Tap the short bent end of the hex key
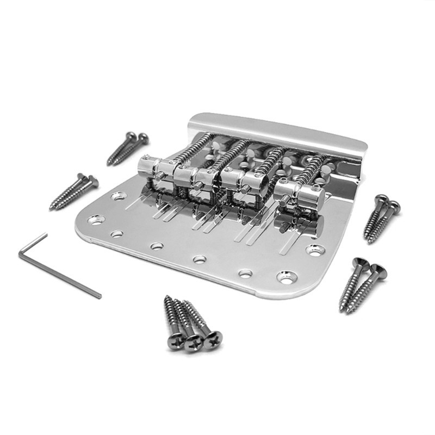pyautogui.click(x=33, y=240)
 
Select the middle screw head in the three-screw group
pyautogui.click(x=193, y=343)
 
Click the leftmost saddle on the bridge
pyautogui.click(x=154, y=165)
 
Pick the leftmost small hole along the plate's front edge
pyautogui.click(x=117, y=234)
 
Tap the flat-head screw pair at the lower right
pyautogui.click(x=362, y=283)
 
